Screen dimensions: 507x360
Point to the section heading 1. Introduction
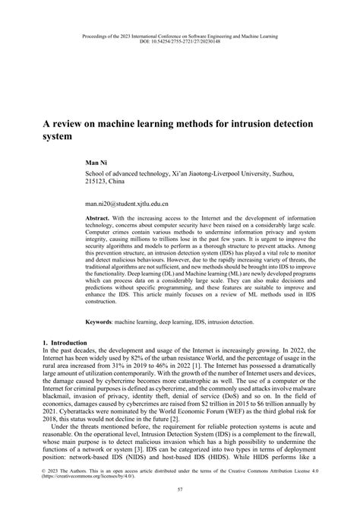66,344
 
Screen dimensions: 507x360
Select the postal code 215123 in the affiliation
96,182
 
